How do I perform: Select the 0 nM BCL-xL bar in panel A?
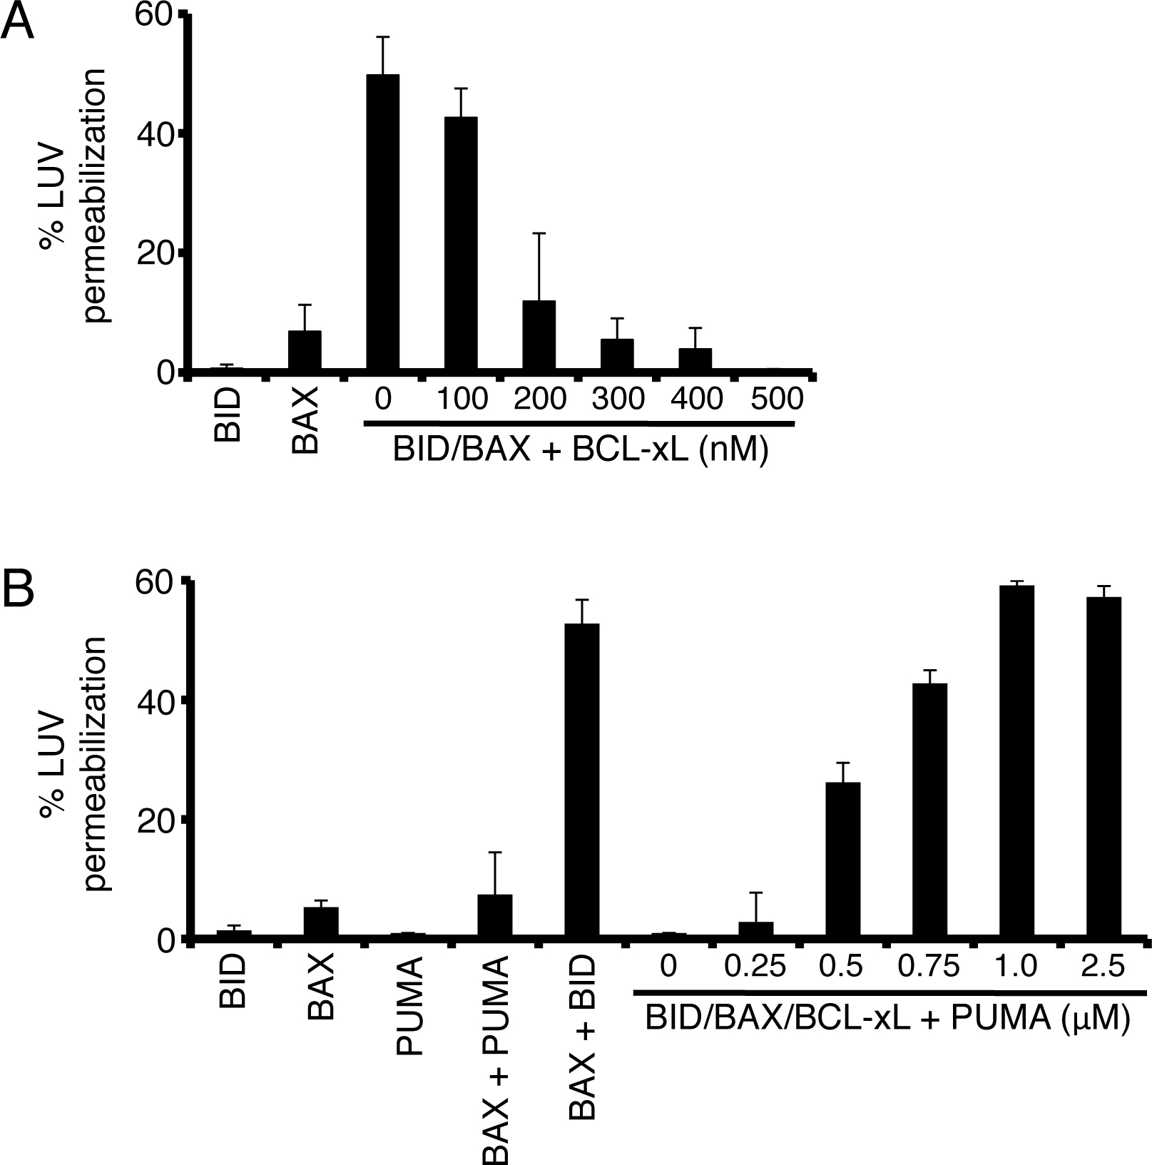point(382,223)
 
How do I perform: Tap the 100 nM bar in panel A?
point(460,244)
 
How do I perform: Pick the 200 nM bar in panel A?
point(539,335)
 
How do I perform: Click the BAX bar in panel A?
point(305,351)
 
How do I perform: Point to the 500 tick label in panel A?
point(777,399)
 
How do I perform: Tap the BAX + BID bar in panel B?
point(582,781)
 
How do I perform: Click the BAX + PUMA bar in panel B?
point(494,917)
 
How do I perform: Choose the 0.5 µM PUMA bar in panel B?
point(842,860)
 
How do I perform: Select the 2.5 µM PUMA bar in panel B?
point(1104,768)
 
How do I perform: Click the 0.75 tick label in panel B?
point(929,967)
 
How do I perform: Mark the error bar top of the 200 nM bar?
point(539,233)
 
